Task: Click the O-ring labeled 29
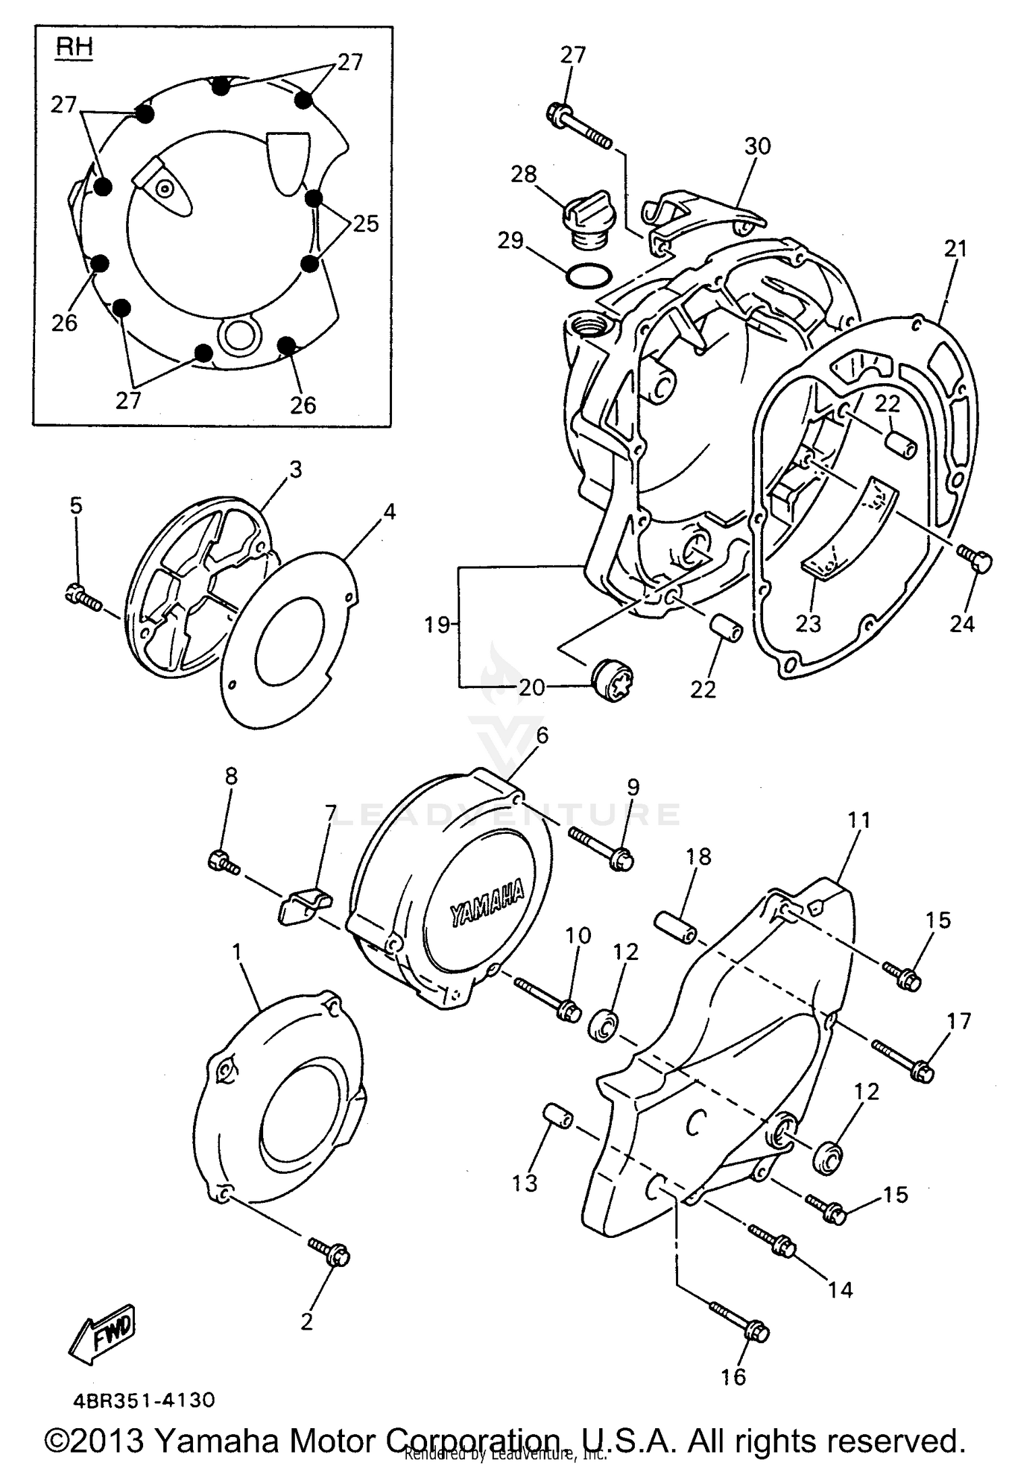(588, 275)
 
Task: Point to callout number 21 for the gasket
(955, 249)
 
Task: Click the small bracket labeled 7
(304, 904)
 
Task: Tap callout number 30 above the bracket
(758, 146)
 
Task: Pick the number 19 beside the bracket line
(437, 625)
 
